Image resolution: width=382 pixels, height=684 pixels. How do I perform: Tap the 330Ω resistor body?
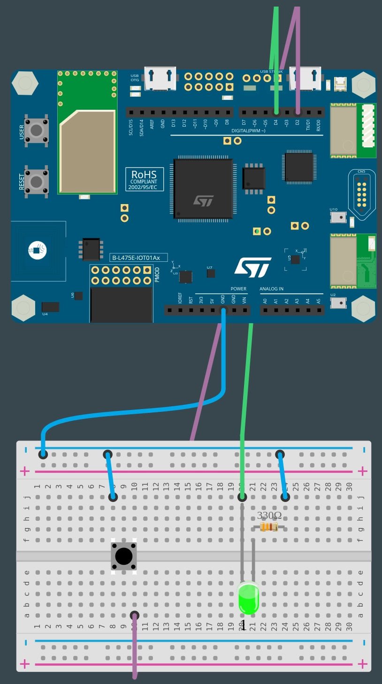(269, 528)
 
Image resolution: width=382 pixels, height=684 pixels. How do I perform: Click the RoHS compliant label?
(144, 179)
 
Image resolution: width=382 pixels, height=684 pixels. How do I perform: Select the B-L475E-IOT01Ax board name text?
(138, 258)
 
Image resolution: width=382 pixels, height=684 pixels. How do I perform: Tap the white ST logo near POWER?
(253, 267)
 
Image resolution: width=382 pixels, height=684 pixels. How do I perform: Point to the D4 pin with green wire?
(276, 113)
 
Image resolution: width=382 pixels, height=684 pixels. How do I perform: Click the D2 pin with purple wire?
(298, 113)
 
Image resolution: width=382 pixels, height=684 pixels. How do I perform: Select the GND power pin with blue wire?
(223, 310)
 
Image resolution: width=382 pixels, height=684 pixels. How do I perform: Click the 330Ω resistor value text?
(269, 516)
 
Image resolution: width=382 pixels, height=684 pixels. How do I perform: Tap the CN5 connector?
(361, 193)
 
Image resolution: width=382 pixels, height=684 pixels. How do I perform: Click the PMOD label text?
(157, 274)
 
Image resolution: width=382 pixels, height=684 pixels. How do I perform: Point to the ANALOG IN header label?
(271, 289)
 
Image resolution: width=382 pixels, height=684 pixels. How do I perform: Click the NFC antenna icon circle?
(37, 250)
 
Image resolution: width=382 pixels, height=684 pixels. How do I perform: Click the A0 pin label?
(265, 301)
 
